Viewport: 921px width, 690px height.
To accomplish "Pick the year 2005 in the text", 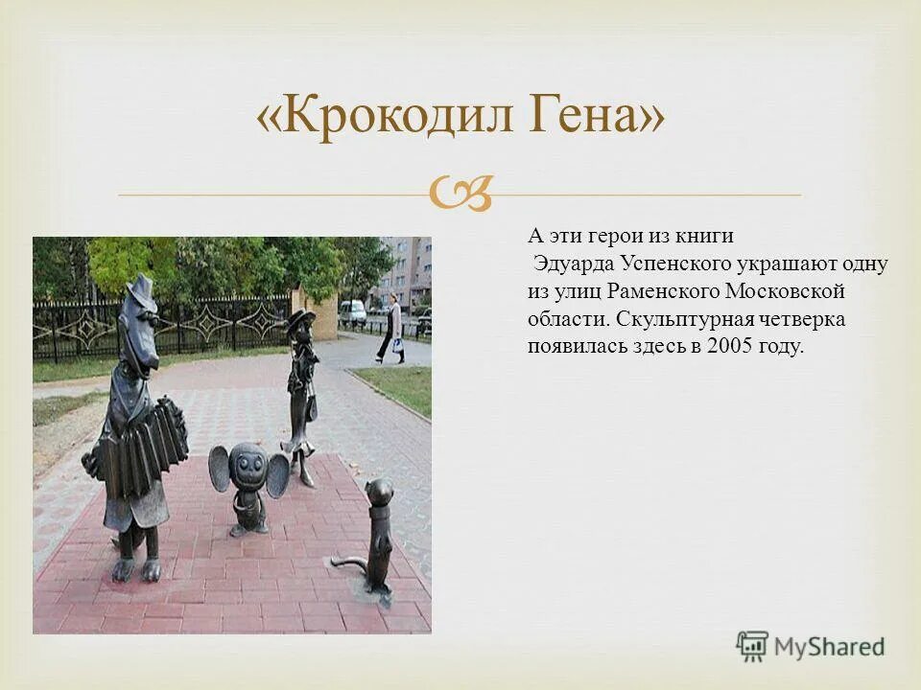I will click(x=728, y=346).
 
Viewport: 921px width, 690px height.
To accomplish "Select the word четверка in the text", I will click(x=805, y=319).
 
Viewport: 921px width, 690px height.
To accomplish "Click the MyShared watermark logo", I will click(x=811, y=646).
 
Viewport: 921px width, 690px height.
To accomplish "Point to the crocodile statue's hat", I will click(x=142, y=288).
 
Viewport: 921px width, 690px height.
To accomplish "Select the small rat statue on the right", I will click(x=376, y=537).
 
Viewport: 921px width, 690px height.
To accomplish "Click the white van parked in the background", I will click(x=352, y=311).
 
